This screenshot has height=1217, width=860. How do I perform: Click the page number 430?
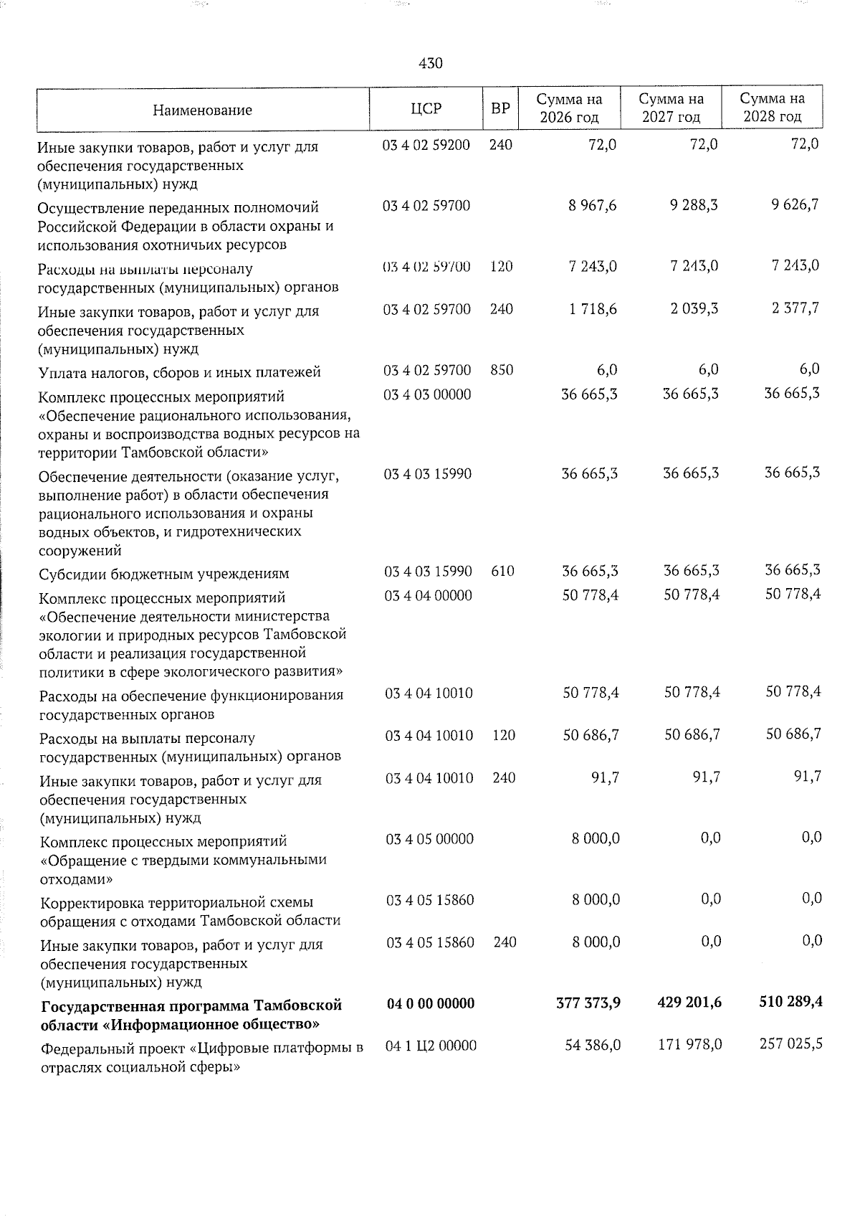coord(430,63)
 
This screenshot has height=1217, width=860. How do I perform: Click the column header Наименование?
coord(202,110)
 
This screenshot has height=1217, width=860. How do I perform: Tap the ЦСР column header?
coord(426,108)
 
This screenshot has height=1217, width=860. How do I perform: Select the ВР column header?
coord(500,108)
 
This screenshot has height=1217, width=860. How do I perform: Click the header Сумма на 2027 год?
coord(671,108)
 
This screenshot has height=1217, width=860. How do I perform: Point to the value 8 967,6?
coord(593,206)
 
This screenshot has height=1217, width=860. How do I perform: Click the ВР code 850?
coord(502,370)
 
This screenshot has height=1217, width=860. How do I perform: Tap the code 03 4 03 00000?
coord(428,394)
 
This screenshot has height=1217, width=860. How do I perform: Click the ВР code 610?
coord(502,572)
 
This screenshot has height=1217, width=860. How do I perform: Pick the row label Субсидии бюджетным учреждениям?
coord(164,574)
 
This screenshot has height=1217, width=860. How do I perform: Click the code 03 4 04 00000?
coord(429,595)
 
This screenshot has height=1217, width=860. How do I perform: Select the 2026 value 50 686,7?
coord(591,735)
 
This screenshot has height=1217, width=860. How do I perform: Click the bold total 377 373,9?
coord(588,1003)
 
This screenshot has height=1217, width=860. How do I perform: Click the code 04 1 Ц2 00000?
coord(431,1046)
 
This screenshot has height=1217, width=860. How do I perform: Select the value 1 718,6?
coord(593,309)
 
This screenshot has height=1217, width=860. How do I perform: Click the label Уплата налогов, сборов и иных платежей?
coord(180,372)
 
